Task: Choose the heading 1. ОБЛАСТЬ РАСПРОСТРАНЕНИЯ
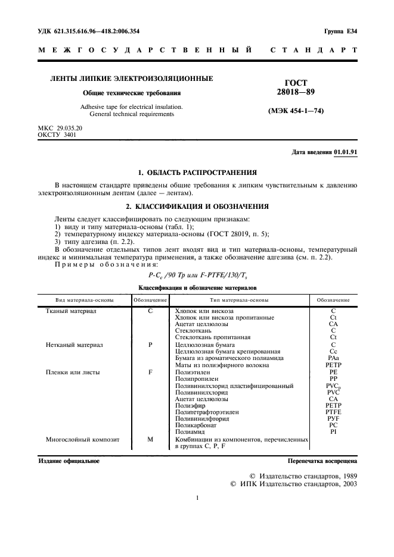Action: [x=197, y=173]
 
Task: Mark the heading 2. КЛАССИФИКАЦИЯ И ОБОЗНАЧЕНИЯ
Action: [x=197, y=206]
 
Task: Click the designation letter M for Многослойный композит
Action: [x=150, y=439]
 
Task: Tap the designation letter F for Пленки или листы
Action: [x=150, y=371]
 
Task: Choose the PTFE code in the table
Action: [x=333, y=412]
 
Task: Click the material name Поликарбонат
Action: [x=196, y=425]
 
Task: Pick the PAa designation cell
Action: [x=333, y=358]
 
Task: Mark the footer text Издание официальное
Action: [x=69, y=461]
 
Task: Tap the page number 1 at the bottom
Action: [x=197, y=498]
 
